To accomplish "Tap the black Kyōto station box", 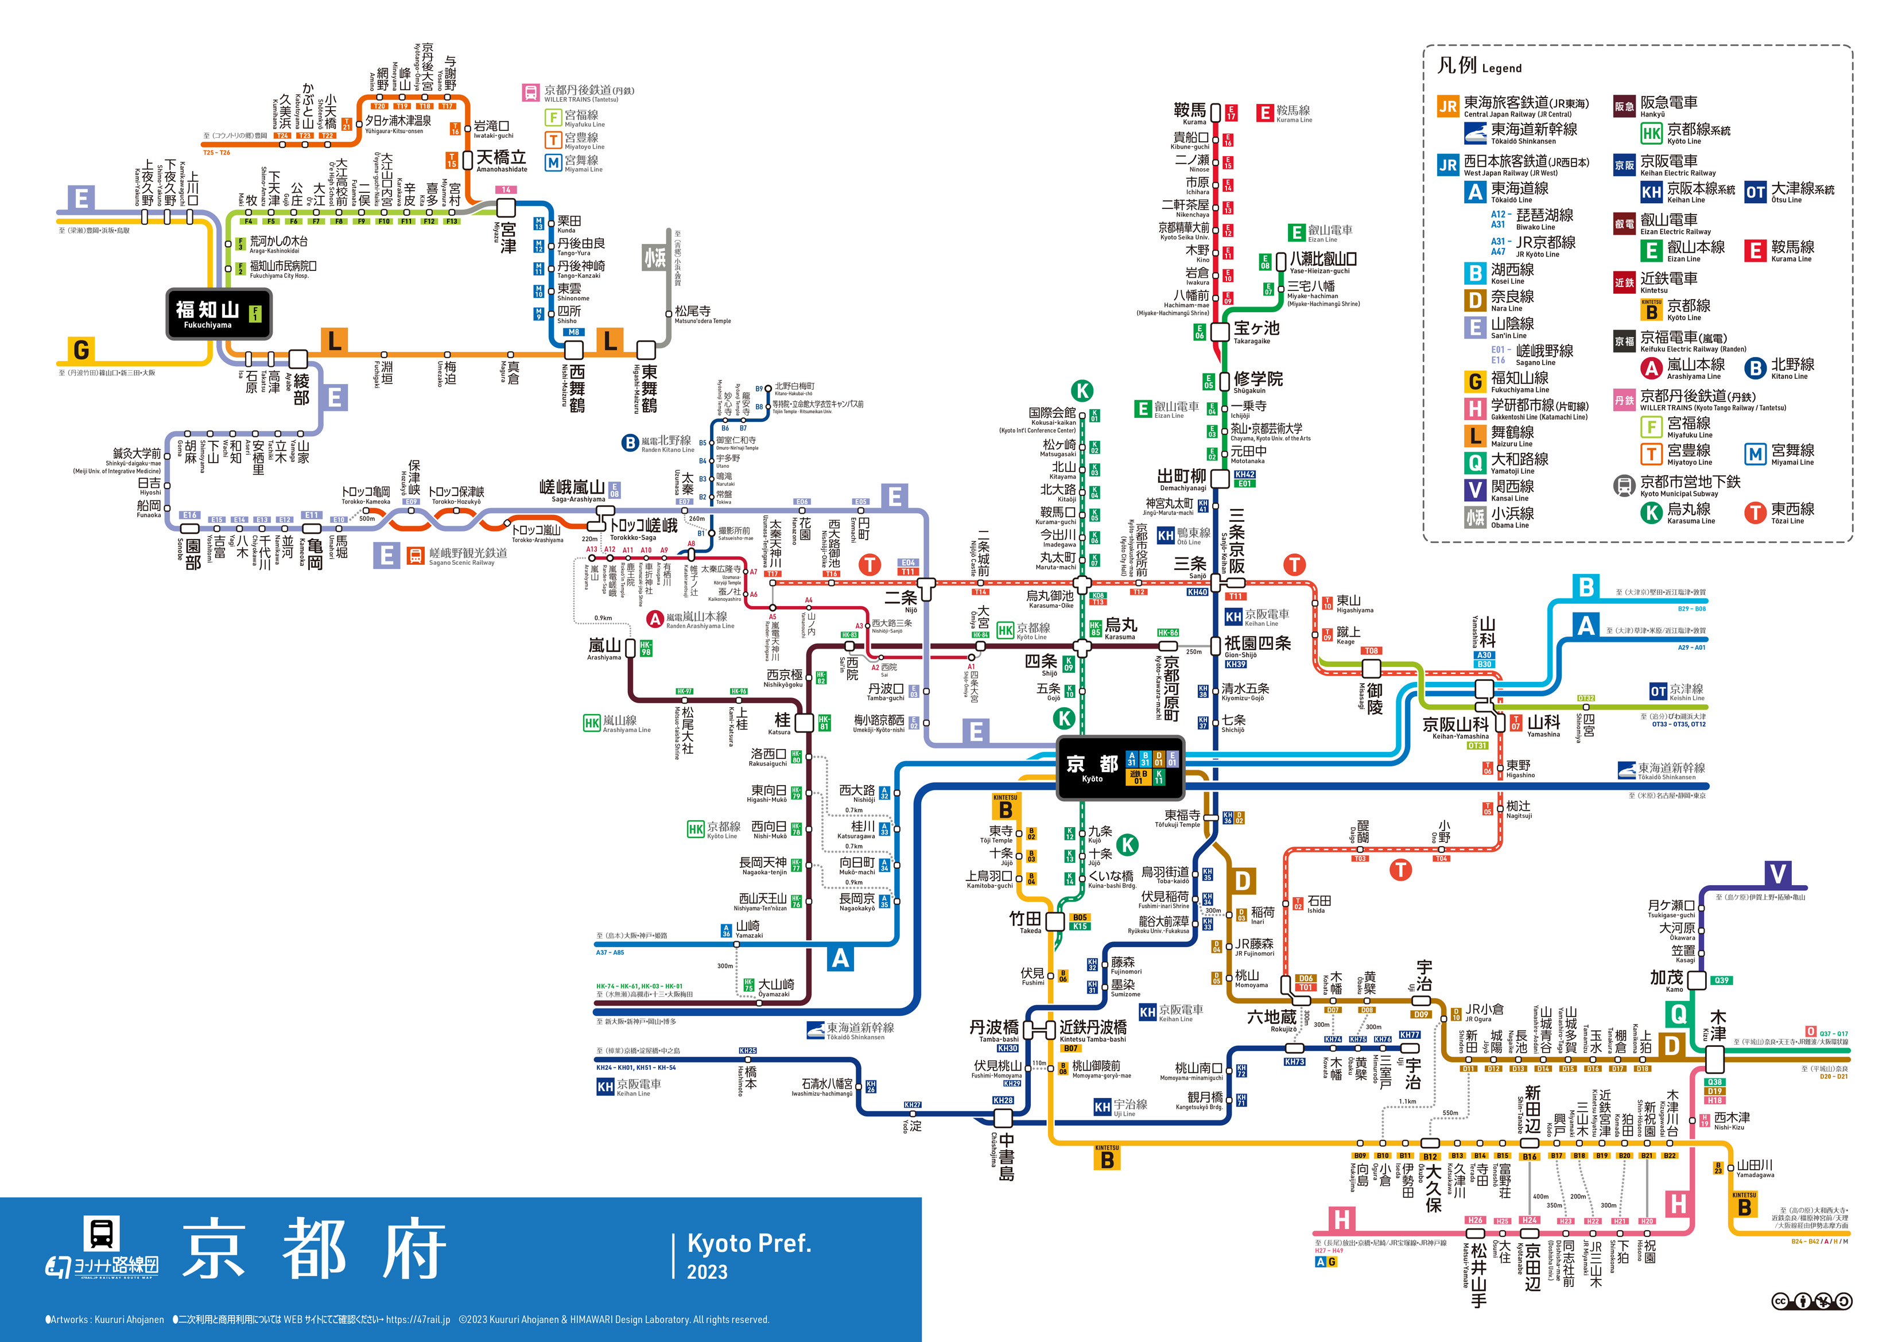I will tap(1120, 768).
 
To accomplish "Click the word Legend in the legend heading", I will tap(1501, 69).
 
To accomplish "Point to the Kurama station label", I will tap(1190, 113).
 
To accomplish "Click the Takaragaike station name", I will tap(1256, 331).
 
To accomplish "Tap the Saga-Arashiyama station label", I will tap(573, 490).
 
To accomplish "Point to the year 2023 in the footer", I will tap(707, 1273).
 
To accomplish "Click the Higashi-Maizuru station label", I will tap(649, 388).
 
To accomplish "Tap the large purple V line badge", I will tap(1777, 874).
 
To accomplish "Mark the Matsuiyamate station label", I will tap(1478, 1273).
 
